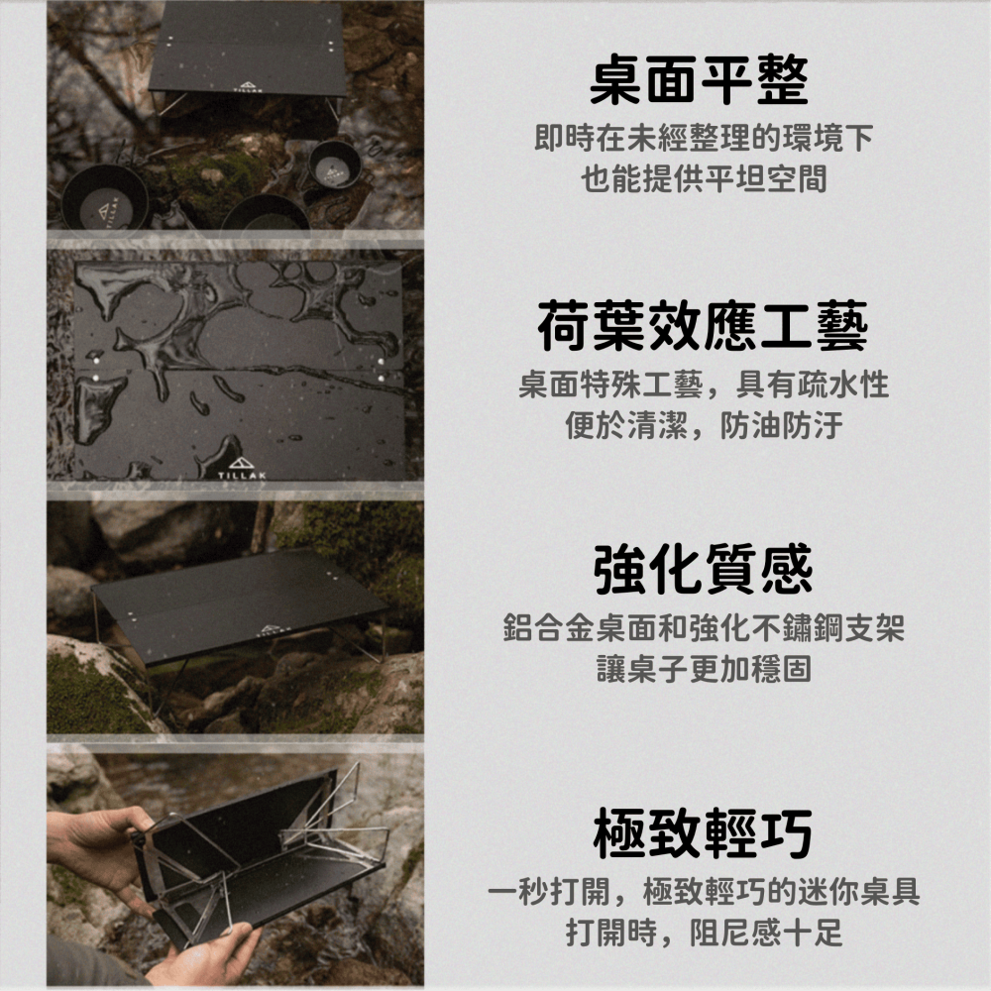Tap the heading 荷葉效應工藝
click(x=703, y=328)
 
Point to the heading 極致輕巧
click(x=703, y=833)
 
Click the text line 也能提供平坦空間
click(x=704, y=179)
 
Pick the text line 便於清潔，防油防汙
click(x=704, y=426)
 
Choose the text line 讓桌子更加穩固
click(x=704, y=669)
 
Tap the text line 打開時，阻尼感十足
click(x=704, y=933)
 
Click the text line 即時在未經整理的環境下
click(x=704, y=137)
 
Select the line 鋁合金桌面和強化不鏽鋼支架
click(x=704, y=628)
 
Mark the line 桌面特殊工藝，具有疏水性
click(x=704, y=385)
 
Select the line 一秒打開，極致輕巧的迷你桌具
click(x=704, y=892)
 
